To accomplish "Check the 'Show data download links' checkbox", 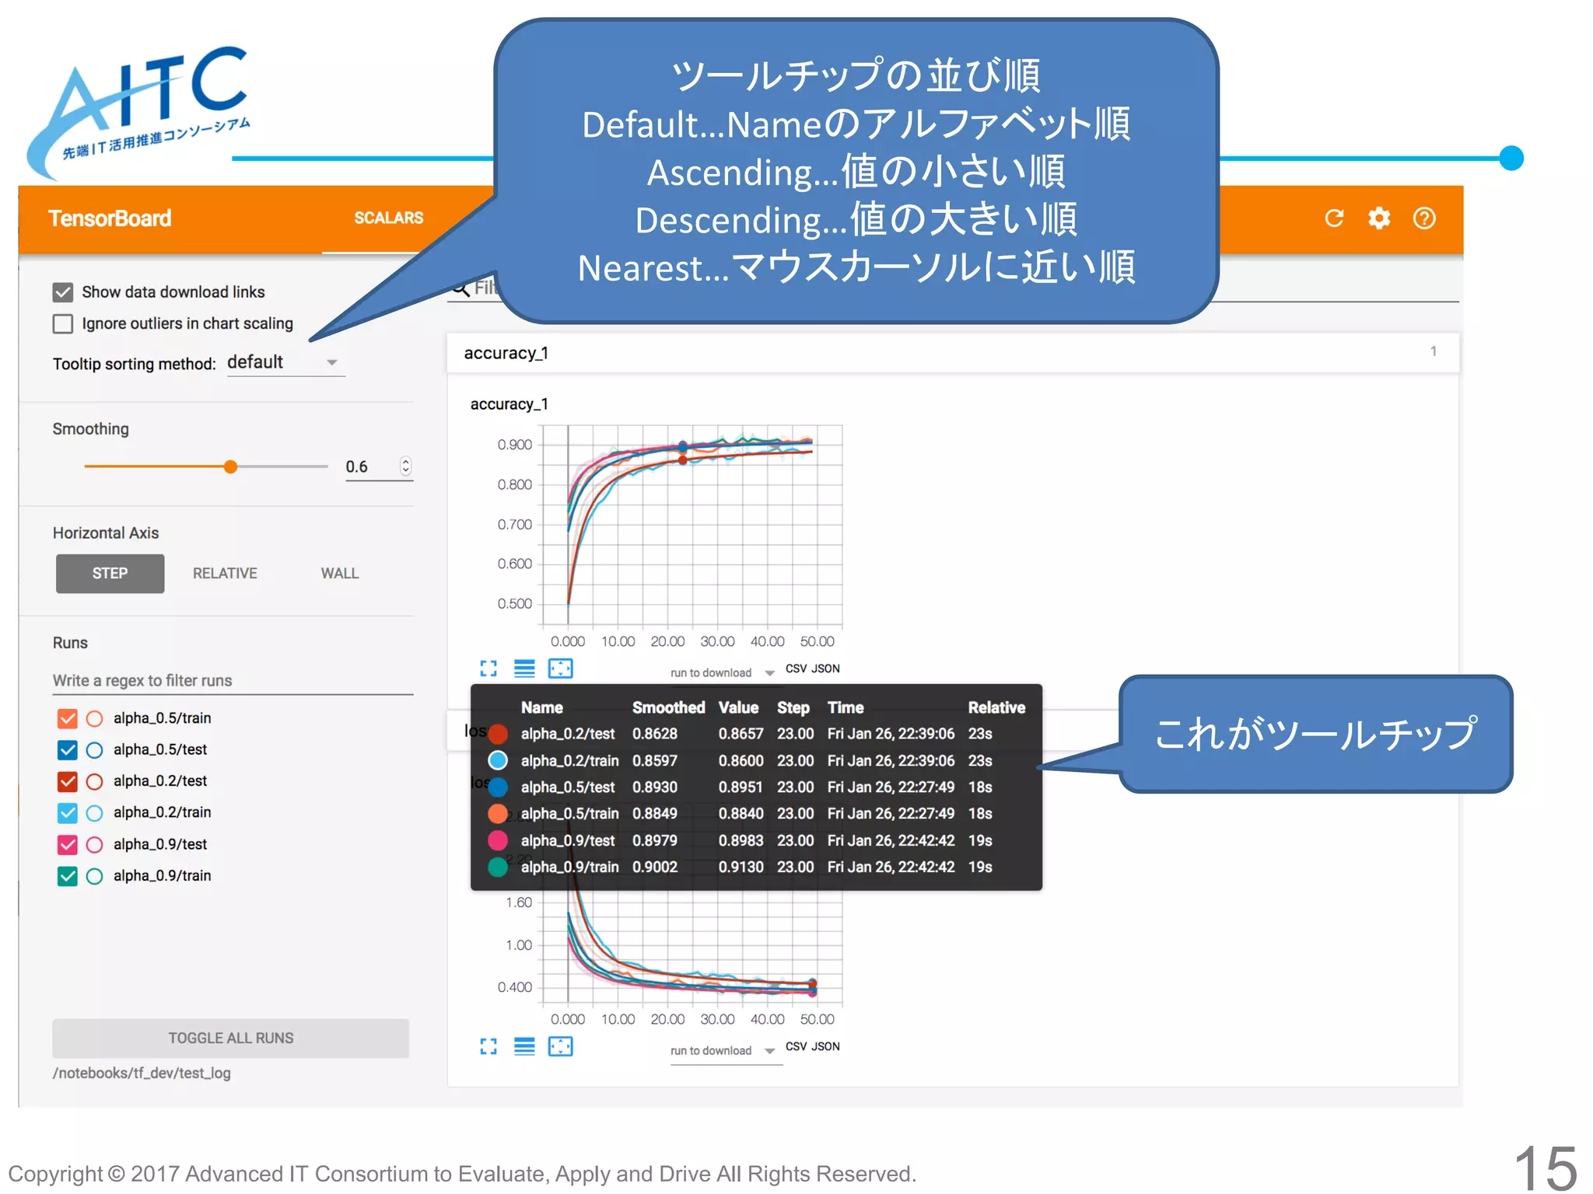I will tap(63, 292).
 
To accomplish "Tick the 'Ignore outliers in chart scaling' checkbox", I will tap(63, 323).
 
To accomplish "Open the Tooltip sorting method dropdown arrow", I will tap(332, 363).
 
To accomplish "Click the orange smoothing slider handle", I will tap(230, 466).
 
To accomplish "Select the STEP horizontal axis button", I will tap(110, 574).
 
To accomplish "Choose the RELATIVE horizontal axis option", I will tap(225, 574).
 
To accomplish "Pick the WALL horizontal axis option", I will tap(340, 574).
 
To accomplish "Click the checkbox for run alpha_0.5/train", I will tap(68, 718).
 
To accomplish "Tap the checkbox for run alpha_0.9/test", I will tap(68, 844).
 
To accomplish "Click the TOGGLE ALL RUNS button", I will tap(230, 1038).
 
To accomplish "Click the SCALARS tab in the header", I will tap(388, 218).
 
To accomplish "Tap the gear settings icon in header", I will tap(1379, 218).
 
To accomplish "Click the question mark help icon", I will tap(1424, 218).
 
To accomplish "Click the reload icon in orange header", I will tap(1334, 218).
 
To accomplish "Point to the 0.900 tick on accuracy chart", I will tap(515, 445).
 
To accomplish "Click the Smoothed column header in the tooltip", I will tap(668, 707).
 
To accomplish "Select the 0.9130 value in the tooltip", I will tap(740, 867).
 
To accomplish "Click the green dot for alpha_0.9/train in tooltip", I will tap(498, 867).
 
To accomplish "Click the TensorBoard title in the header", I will tap(110, 218).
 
